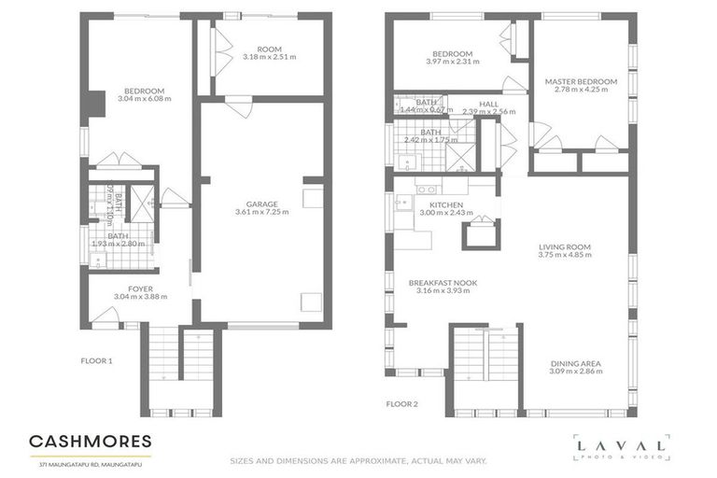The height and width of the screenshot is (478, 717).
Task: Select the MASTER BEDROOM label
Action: click(x=581, y=82)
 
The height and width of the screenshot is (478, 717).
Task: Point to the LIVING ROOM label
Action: click(x=565, y=247)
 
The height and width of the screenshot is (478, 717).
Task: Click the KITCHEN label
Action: click(x=446, y=204)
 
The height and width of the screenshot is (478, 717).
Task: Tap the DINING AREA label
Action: click(x=575, y=363)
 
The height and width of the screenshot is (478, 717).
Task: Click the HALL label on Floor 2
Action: click(x=488, y=104)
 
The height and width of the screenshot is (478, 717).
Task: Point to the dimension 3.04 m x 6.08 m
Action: click(x=145, y=98)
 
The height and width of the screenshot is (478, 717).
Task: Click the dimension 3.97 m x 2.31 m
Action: click(x=452, y=62)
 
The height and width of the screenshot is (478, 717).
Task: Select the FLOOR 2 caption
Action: click(x=402, y=404)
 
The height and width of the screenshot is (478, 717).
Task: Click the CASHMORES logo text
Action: click(x=90, y=441)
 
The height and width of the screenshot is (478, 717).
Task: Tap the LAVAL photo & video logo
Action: click(x=620, y=447)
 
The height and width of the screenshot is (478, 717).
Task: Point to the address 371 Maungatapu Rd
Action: click(x=90, y=463)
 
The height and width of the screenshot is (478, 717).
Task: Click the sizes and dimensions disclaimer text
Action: click(x=358, y=460)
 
